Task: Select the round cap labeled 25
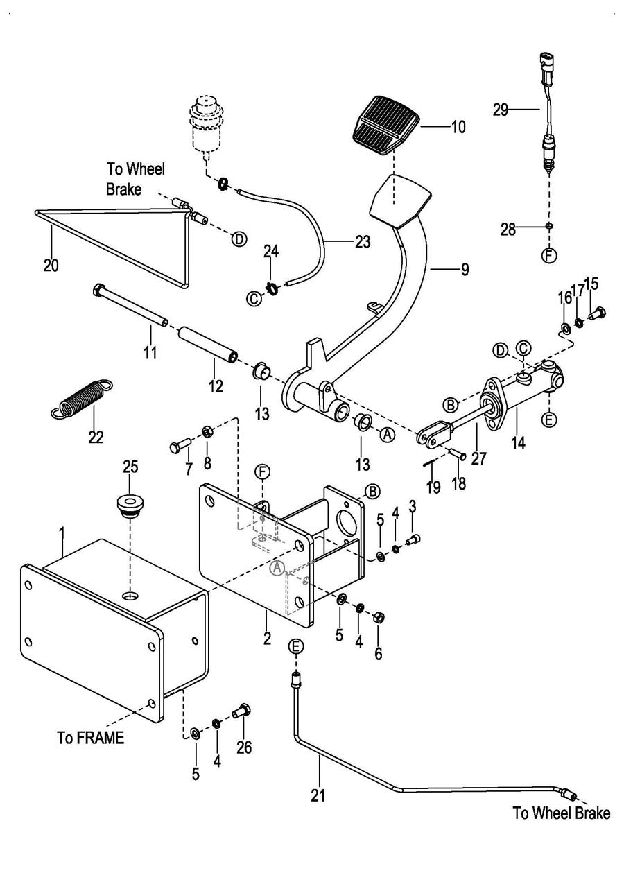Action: [x=130, y=505]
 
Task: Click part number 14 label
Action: [x=519, y=442]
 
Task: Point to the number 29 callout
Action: [x=501, y=110]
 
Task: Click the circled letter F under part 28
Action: [x=549, y=256]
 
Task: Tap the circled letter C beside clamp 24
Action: [x=254, y=300]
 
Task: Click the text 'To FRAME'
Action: [x=91, y=738]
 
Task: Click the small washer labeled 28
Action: [x=549, y=226]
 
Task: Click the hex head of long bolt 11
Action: [x=98, y=291]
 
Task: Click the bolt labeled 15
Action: [x=598, y=313]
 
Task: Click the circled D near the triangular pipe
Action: [x=239, y=239]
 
